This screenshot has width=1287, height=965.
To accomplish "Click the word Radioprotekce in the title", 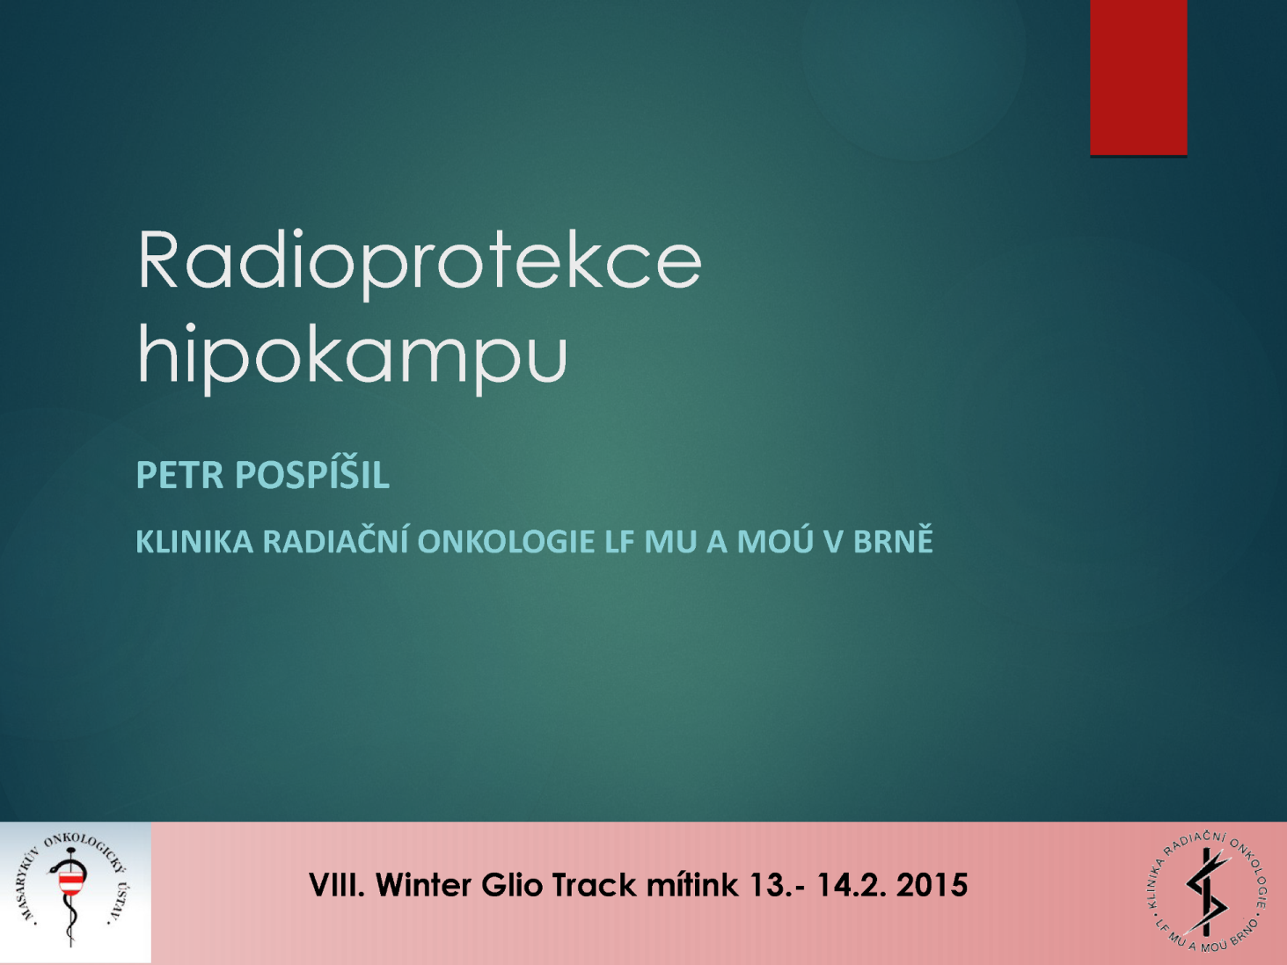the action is pyautogui.click(x=420, y=264).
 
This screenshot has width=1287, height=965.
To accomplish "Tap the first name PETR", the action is pyautogui.click(x=180, y=475).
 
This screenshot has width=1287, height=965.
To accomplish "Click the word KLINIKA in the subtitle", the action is pyautogui.click(x=194, y=542).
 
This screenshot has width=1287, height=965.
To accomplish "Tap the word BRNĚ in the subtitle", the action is pyautogui.click(x=892, y=540).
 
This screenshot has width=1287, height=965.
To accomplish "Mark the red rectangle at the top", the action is pyautogui.click(x=1138, y=77).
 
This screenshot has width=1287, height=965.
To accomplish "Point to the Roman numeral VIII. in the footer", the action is pyautogui.click(x=337, y=885).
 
